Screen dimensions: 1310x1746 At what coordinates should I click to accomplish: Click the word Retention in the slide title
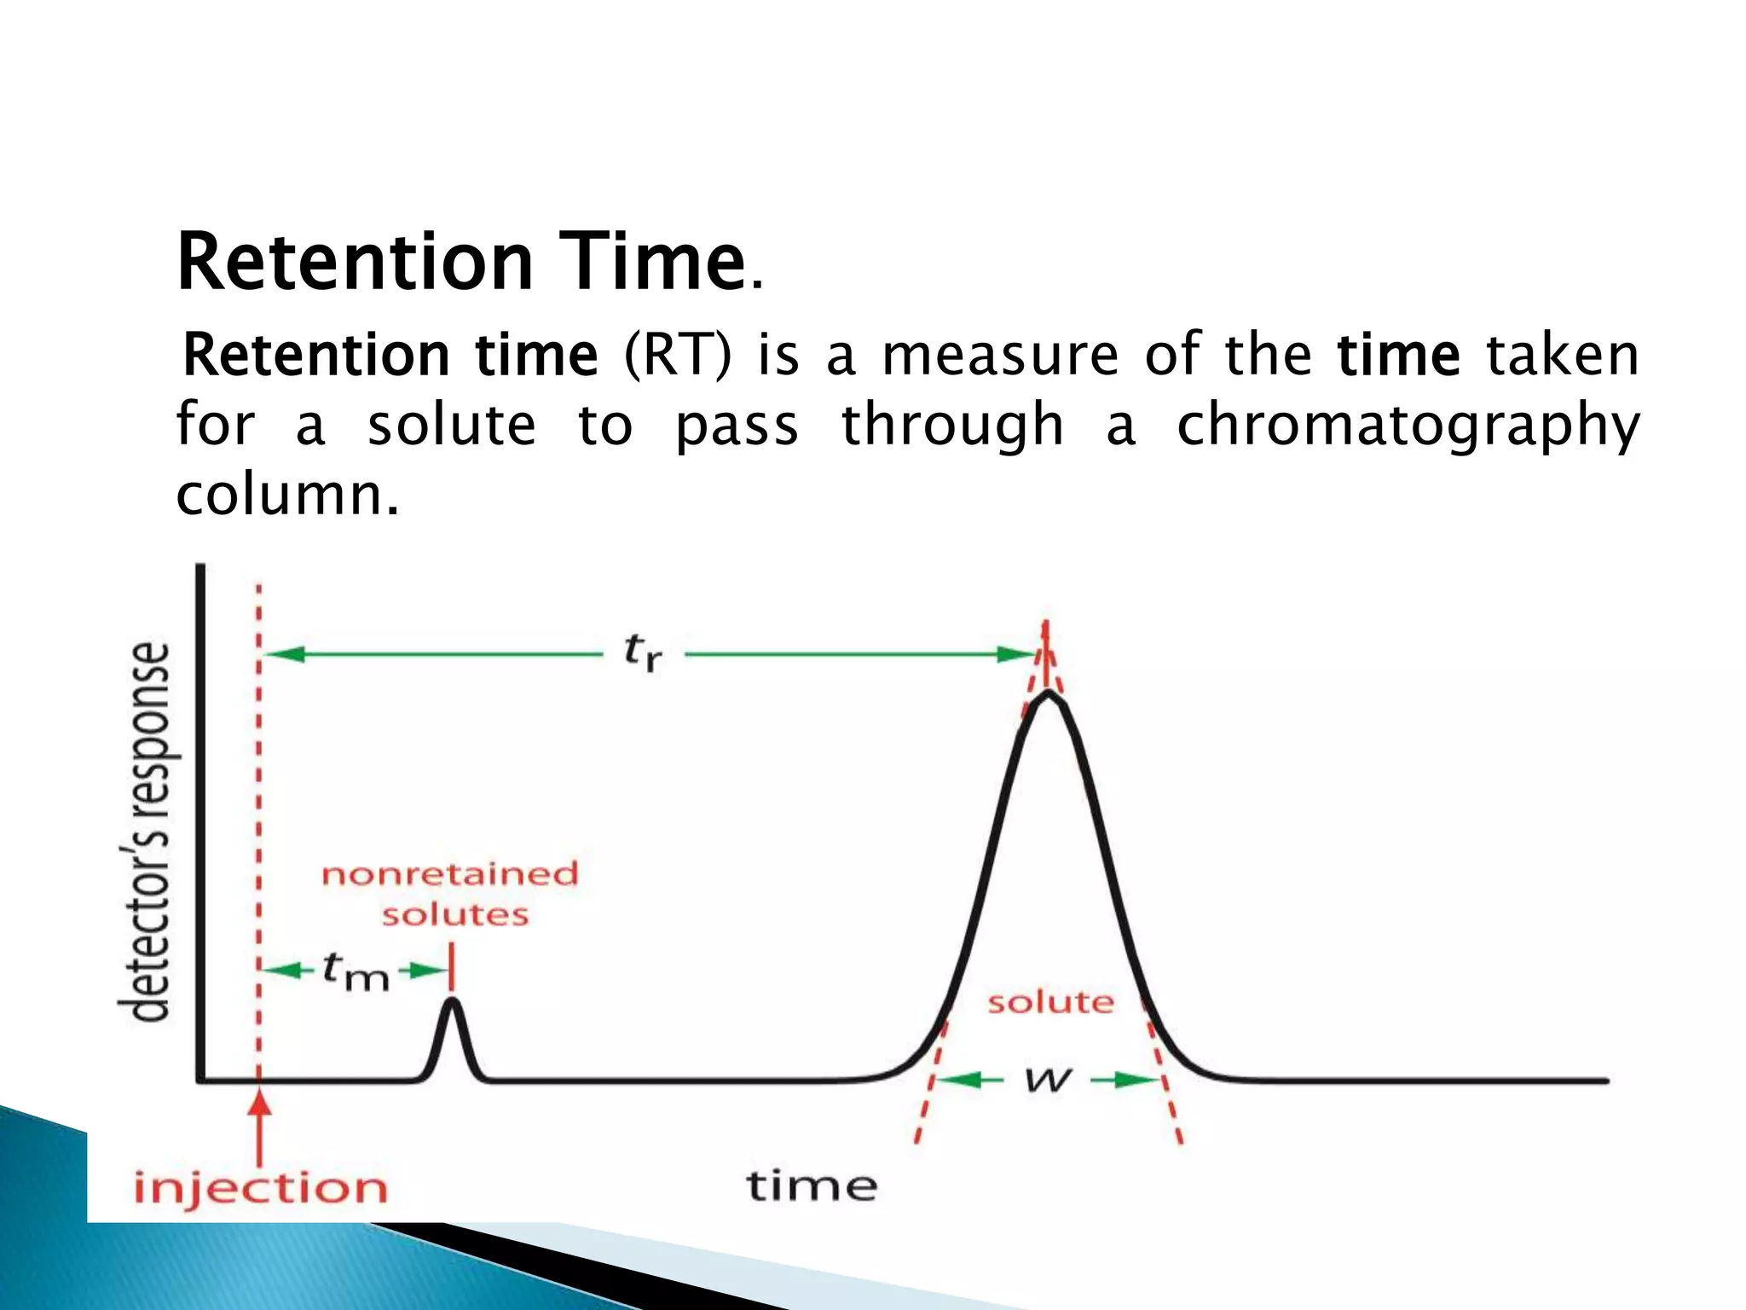(355, 262)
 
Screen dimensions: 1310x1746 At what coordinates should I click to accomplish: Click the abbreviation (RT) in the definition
(678, 356)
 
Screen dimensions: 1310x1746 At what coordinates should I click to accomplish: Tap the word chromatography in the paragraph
(1408, 426)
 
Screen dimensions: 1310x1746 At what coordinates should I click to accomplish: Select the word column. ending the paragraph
(287, 495)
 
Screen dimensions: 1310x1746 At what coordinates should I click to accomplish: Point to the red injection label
(260, 1188)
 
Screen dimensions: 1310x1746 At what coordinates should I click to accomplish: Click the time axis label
(812, 1186)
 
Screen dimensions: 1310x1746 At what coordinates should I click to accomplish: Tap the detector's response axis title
(145, 832)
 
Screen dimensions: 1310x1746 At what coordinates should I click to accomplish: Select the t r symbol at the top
(643, 652)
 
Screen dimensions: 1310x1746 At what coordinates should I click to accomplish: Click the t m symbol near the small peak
(356, 972)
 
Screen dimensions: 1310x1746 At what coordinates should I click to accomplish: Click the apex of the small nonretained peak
(453, 1000)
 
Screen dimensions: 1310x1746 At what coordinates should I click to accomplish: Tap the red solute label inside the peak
(1050, 1002)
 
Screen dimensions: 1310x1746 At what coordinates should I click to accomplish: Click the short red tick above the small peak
(452, 966)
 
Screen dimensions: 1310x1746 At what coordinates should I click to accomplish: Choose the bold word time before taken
(1399, 356)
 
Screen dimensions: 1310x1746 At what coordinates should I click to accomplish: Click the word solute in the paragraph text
(452, 426)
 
